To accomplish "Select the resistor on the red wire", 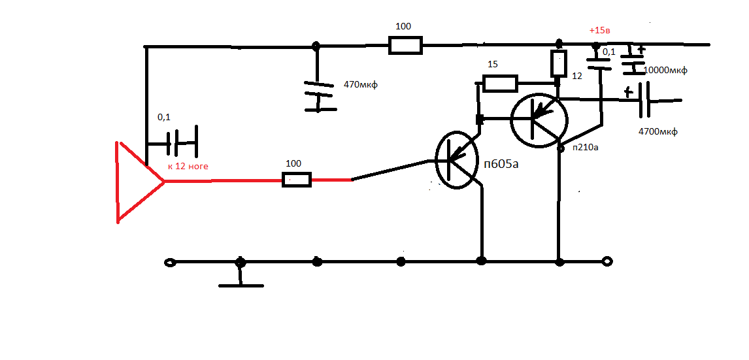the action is [297, 180].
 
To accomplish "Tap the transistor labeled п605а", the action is [457, 161].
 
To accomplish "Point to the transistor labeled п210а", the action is [539, 120].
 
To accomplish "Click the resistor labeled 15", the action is [500, 84].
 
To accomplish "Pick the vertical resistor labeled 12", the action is [558, 63].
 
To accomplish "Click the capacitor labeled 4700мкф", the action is [644, 99].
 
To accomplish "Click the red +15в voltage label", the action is [600, 31].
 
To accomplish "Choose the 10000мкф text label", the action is [665, 71].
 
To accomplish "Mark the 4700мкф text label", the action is [657, 131].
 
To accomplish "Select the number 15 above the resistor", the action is [493, 64].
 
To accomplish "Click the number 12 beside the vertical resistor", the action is [577, 75].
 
